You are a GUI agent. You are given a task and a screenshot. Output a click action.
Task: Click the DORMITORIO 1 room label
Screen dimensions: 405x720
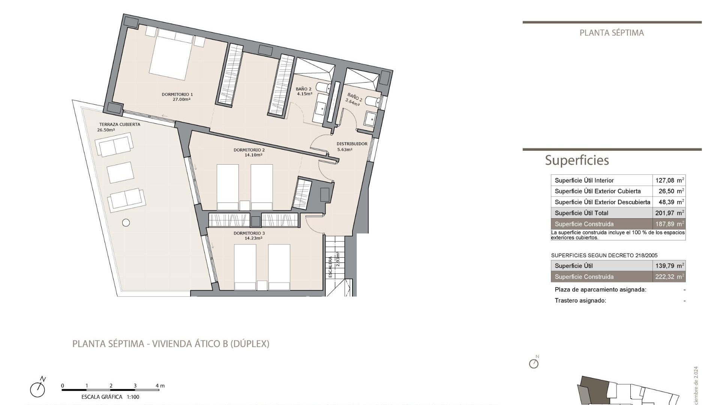[x=177, y=94]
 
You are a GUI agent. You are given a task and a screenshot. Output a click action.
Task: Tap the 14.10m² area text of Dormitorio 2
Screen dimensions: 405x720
[x=253, y=155]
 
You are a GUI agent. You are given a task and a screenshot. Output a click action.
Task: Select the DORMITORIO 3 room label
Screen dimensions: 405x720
[x=249, y=233]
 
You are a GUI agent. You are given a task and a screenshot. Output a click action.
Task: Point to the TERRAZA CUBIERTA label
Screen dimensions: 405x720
[x=120, y=124]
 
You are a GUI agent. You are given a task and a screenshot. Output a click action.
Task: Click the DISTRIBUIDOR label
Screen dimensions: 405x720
[x=352, y=144]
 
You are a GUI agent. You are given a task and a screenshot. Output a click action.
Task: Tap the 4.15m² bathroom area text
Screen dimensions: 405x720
[x=304, y=94]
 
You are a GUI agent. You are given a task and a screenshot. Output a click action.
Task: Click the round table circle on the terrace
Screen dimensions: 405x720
[x=126, y=223]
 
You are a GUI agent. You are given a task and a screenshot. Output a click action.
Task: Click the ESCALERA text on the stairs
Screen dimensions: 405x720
[x=330, y=267]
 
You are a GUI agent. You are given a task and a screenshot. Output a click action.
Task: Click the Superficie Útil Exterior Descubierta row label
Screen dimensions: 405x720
[x=602, y=202]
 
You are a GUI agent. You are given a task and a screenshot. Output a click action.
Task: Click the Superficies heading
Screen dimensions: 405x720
[x=577, y=160]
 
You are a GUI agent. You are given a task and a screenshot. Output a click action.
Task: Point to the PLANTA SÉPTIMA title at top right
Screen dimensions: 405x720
[x=612, y=33]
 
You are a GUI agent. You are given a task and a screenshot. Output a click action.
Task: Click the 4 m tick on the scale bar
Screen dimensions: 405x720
[x=159, y=386]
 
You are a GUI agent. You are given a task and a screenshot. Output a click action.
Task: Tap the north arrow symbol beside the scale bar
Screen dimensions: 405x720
[x=38, y=388]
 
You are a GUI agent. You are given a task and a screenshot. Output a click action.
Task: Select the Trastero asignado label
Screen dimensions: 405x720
[x=580, y=300]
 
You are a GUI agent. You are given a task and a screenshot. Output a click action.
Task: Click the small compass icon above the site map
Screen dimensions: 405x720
[x=534, y=363]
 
